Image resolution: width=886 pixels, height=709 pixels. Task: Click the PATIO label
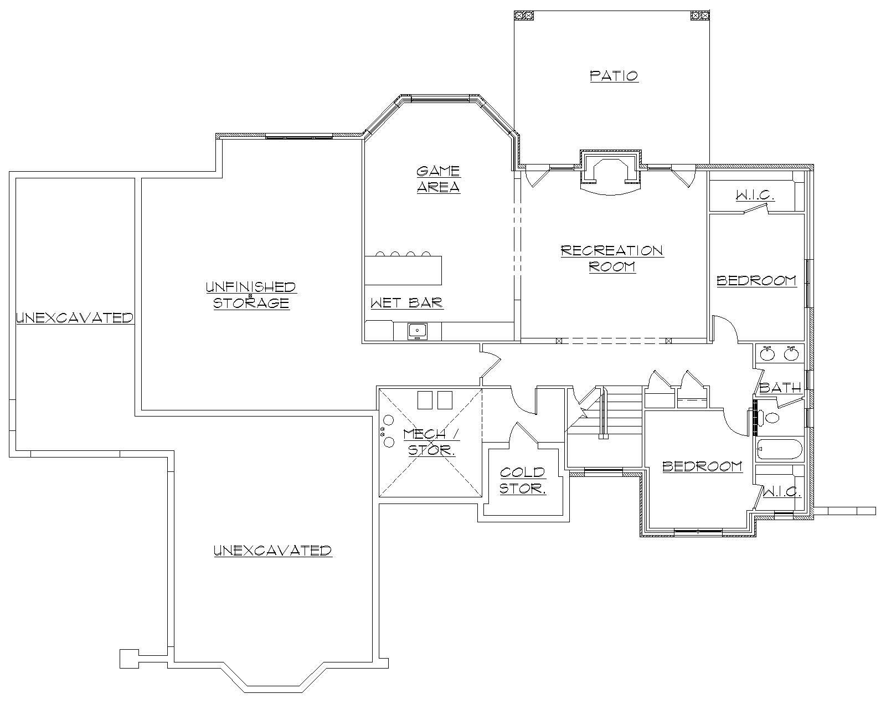(614, 75)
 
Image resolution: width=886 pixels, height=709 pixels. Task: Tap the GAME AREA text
(438, 179)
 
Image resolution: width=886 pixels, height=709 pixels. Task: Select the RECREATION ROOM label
(612, 258)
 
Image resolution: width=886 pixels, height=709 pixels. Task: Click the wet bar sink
(417, 331)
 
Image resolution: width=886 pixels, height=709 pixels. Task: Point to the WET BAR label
(407, 302)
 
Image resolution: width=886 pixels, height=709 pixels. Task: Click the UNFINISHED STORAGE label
(251, 295)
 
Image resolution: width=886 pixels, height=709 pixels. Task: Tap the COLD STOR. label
(523, 480)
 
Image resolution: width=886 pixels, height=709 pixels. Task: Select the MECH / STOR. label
(431, 441)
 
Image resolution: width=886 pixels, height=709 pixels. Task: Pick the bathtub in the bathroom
(779, 450)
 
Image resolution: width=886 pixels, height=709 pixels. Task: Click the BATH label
(780, 388)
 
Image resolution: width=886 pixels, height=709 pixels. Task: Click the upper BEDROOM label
(756, 280)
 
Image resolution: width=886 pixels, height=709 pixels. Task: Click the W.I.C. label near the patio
(754, 196)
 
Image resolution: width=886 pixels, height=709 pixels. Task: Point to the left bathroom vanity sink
(767, 353)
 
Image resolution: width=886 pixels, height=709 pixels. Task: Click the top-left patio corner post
(524, 16)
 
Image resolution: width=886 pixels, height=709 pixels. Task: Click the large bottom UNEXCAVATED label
(272, 550)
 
